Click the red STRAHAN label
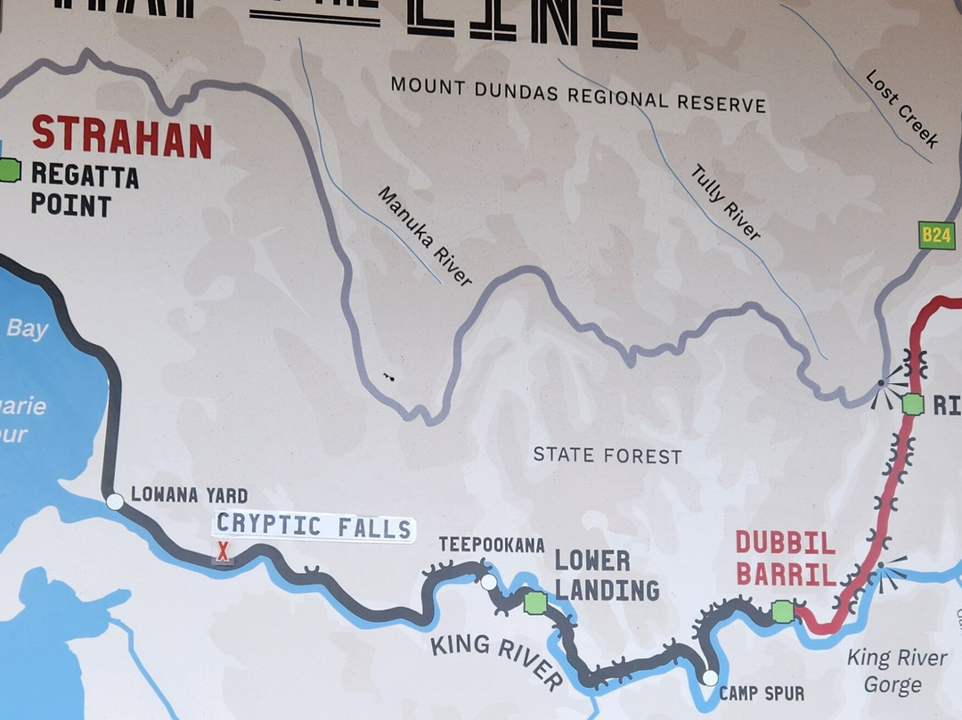122,136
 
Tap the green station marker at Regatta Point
9,169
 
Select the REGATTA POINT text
84,190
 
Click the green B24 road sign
937,235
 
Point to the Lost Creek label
901,109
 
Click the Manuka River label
424,236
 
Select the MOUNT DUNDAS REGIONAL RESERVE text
578,94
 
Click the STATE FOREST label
607,455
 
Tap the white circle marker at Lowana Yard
115,502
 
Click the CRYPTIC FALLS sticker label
314,526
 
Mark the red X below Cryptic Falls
223,553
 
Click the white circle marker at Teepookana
488,582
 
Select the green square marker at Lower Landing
534,602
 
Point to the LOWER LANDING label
606,575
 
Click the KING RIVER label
496,661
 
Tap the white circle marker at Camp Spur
709,677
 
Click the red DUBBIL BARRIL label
786,558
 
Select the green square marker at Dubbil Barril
782,611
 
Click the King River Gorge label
896,671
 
